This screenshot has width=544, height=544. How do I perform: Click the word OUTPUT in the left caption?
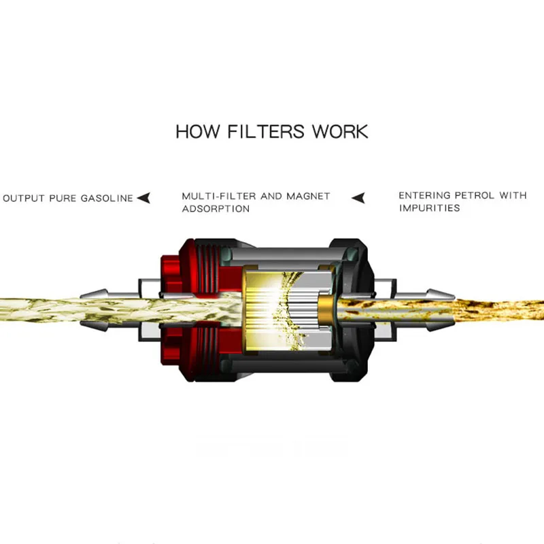pyautogui.click(x=24, y=199)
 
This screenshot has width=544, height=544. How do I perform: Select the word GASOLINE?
pyautogui.click(x=107, y=199)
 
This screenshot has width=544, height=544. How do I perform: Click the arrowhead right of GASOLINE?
pyautogui.click(x=143, y=198)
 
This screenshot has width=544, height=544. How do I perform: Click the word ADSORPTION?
pyautogui.click(x=216, y=209)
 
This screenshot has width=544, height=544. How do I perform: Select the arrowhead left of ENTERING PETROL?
pyautogui.click(x=358, y=198)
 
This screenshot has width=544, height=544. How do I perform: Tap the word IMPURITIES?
pyautogui.click(x=429, y=207)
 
